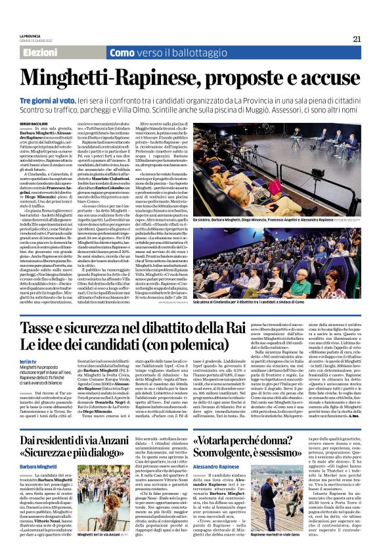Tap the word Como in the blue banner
click(123, 52)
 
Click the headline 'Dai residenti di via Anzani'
click(89, 440)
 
